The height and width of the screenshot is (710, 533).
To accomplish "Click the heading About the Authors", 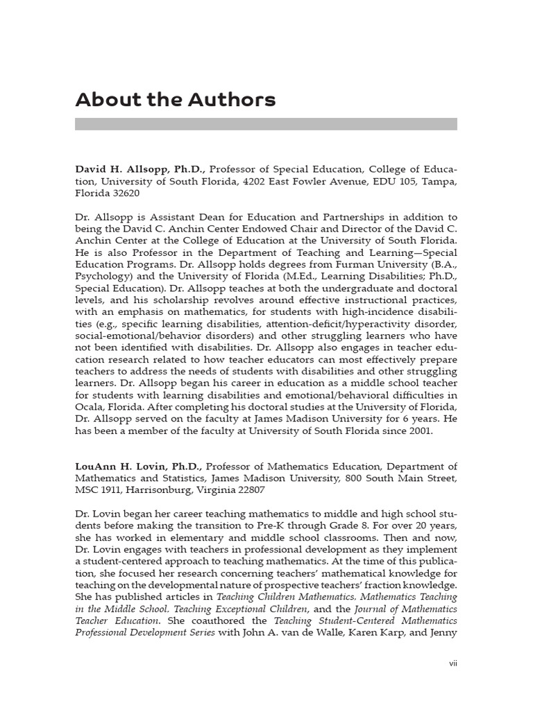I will [x=175, y=100].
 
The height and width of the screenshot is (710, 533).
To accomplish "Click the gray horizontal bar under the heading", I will [x=266, y=124].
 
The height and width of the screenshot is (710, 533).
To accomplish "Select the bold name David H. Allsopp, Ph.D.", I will [x=141, y=169].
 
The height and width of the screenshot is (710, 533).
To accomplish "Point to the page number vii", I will [x=452, y=664].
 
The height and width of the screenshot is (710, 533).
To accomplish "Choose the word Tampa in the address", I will [x=440, y=181].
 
